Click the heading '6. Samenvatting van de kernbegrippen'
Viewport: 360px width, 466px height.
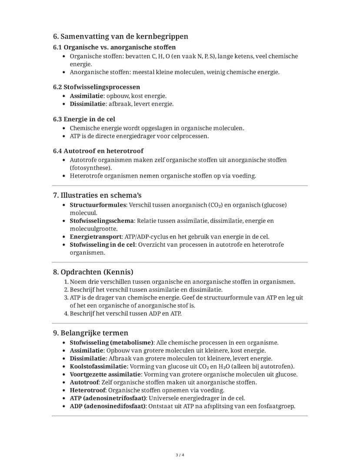point(120,37)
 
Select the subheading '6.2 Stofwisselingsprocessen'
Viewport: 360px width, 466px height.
point(97,87)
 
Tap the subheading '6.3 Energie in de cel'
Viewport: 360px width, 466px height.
point(84,119)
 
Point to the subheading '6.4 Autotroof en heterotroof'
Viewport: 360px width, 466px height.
point(98,151)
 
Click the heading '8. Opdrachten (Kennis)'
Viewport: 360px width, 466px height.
point(93,272)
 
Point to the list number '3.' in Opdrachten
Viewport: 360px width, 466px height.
point(67,298)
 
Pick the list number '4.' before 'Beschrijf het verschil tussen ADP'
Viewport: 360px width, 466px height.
point(67,313)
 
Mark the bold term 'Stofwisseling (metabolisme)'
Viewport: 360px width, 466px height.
point(112,342)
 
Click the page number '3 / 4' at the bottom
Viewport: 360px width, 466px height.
point(180,455)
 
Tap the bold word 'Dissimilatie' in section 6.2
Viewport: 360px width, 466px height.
point(88,104)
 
